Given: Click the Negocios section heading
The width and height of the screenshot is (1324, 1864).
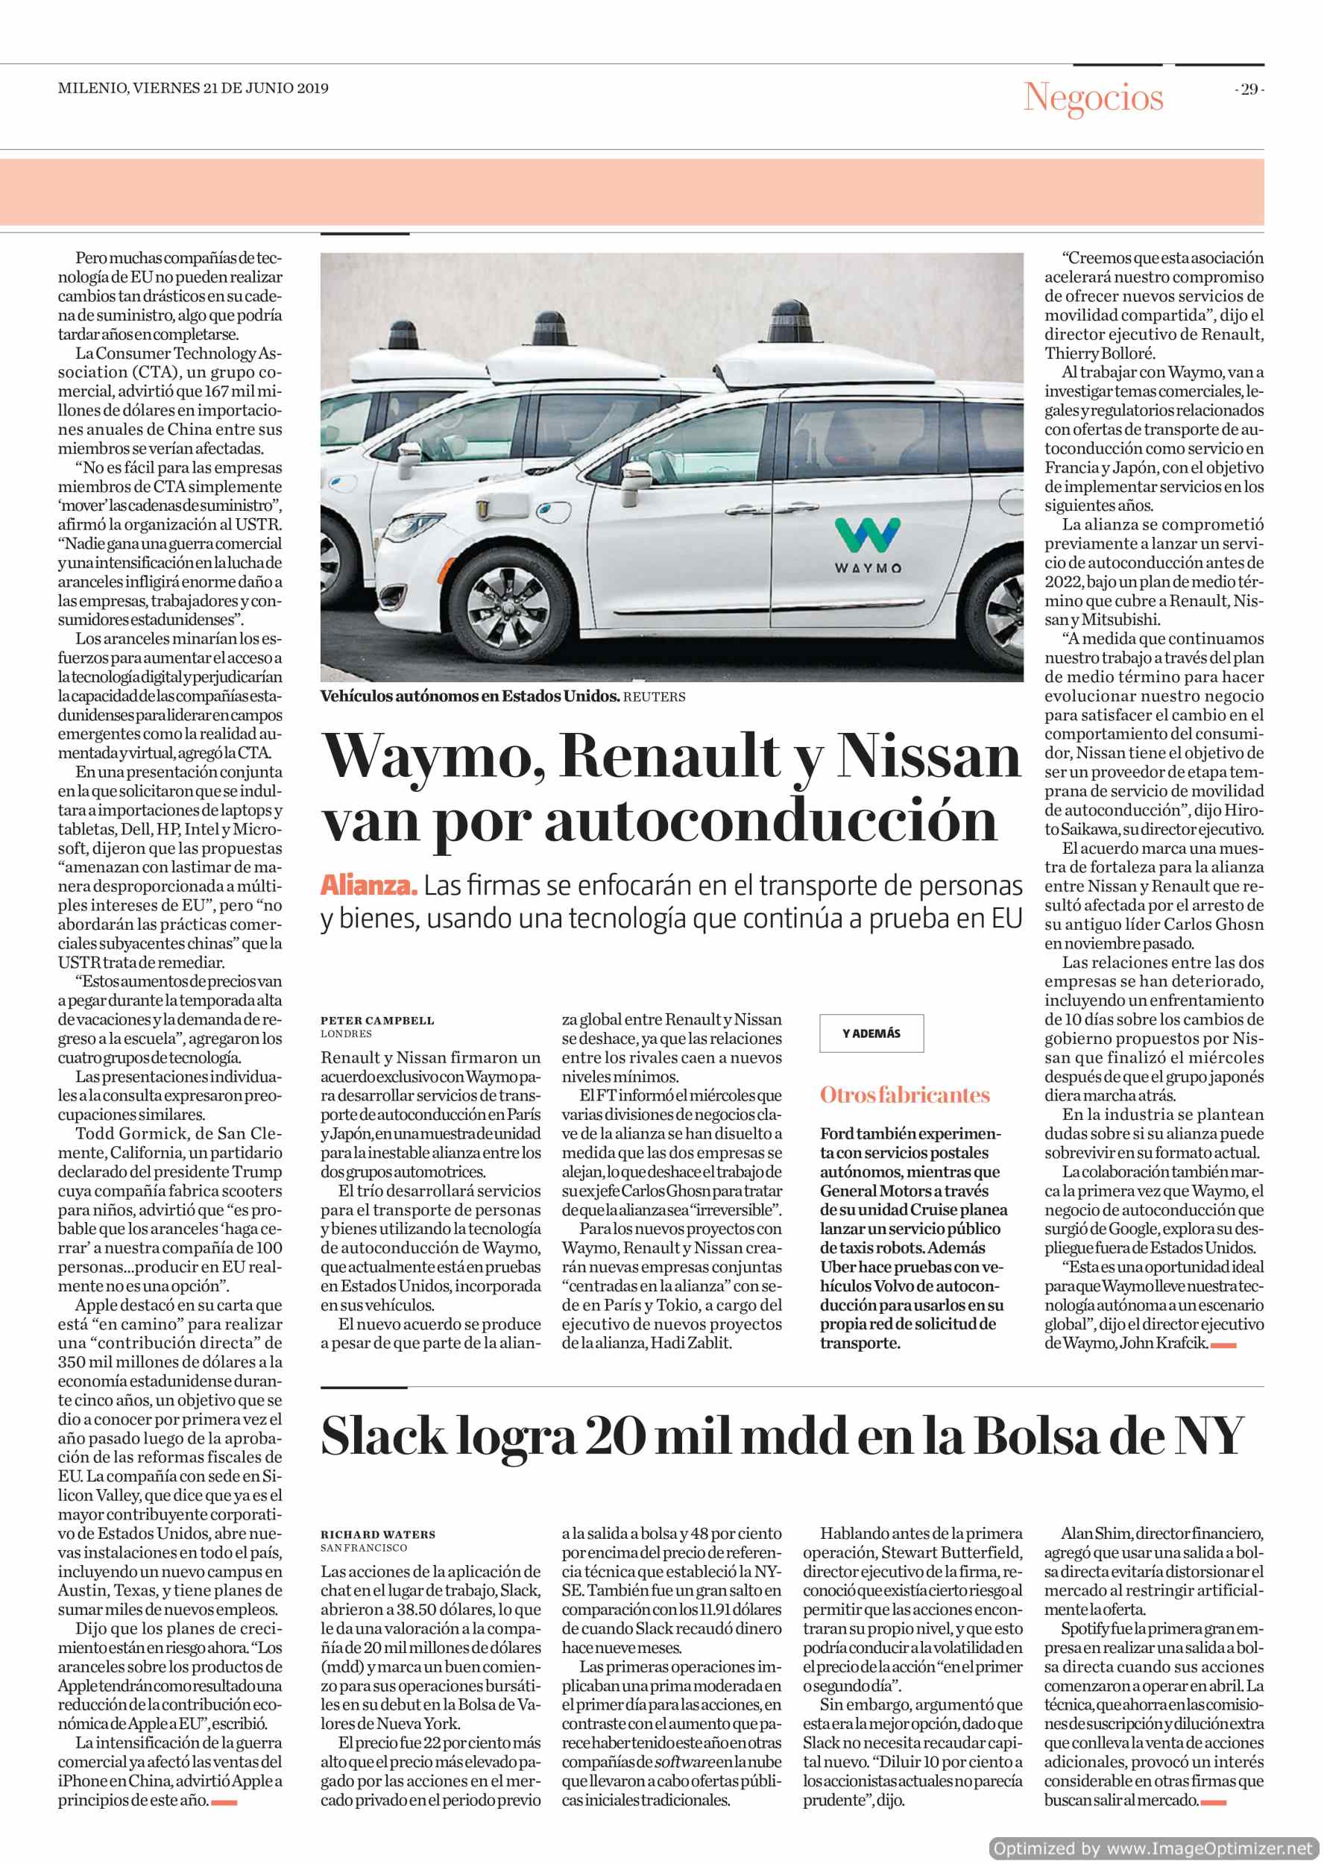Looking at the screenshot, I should pos(1094,98).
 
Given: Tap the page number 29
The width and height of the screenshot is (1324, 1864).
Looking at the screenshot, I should pos(1249,89).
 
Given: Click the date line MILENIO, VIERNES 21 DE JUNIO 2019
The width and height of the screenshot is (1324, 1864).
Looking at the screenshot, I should pos(193,88).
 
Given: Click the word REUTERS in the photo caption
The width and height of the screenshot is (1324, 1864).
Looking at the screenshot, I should pos(654,697).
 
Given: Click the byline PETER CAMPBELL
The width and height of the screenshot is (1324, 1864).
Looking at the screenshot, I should pos(376,1021).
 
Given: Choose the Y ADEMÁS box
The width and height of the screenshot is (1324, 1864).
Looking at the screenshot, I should pos(871,1034).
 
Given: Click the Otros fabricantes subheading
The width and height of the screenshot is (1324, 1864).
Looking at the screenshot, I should pos(904,1095).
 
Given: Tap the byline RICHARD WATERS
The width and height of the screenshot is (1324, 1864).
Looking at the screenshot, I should pos(377,1534).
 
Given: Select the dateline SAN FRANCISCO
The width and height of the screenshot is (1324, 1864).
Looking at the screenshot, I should pos(364,1548).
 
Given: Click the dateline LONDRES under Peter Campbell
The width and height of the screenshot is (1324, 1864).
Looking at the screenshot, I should pos(346,1034).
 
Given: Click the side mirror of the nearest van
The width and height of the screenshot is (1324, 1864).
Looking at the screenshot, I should pos(642,473).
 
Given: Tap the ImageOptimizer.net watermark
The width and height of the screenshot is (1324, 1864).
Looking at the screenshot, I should pos(1156,1848).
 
